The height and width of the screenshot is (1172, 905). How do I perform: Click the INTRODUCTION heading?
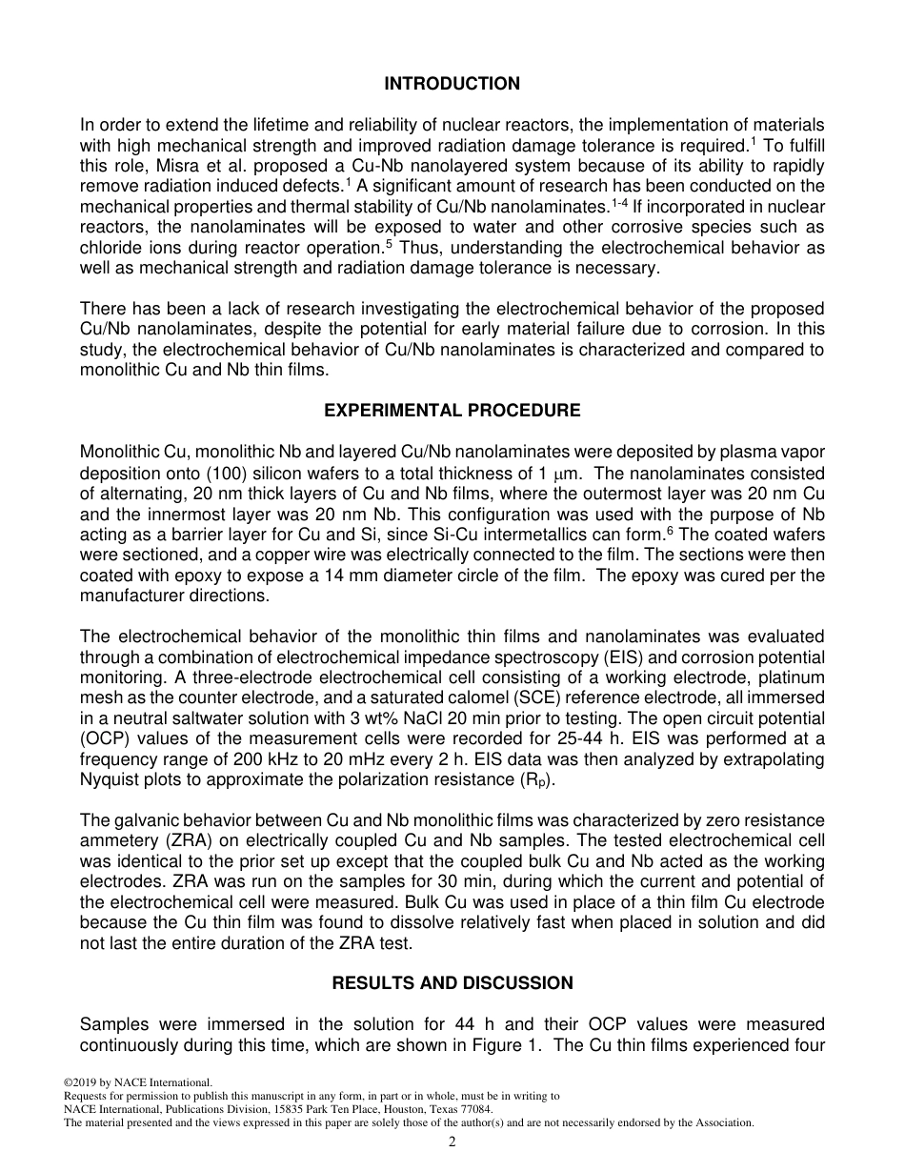click(x=452, y=84)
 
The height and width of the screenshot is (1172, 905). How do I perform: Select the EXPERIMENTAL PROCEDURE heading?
click(x=452, y=411)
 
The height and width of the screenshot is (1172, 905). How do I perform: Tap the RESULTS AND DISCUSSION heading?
click(x=452, y=982)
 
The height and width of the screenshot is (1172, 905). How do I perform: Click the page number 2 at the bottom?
click(x=452, y=1142)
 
